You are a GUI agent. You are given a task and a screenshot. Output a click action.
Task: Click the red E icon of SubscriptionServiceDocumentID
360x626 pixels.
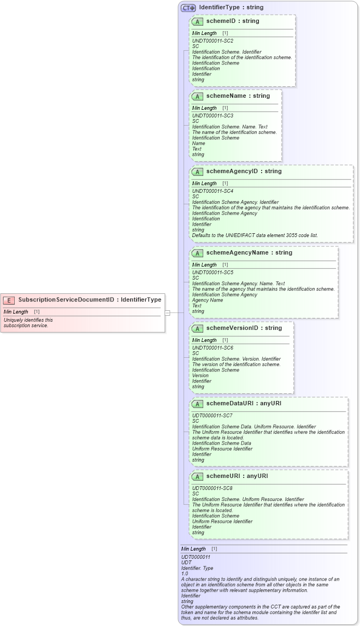(x=9, y=300)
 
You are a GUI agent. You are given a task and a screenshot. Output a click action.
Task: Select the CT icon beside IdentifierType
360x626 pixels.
(x=188, y=8)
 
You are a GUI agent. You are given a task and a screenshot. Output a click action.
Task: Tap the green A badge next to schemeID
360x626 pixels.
(x=197, y=21)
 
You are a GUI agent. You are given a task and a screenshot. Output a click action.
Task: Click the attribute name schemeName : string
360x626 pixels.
(x=238, y=96)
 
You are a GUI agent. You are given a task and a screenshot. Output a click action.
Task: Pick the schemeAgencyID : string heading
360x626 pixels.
(x=244, y=171)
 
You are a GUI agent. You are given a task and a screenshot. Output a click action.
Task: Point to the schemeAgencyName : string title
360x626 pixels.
(x=249, y=252)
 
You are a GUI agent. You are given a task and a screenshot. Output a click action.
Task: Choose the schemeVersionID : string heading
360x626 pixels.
(x=244, y=328)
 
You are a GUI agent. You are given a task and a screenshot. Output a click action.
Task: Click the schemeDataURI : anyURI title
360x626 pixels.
(x=244, y=403)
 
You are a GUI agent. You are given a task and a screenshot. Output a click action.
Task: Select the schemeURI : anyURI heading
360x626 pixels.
(x=237, y=476)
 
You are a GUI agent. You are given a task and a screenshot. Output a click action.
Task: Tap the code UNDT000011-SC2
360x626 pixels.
(x=213, y=41)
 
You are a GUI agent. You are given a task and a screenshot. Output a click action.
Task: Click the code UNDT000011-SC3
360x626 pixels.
(x=213, y=116)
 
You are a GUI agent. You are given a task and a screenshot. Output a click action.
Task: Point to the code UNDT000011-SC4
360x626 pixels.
(x=213, y=191)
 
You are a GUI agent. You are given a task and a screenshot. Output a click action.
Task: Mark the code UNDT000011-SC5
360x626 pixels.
(x=213, y=272)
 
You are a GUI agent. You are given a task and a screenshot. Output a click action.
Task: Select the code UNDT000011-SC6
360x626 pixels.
(x=213, y=348)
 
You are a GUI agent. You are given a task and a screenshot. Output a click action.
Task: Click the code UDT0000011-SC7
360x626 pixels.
(x=213, y=416)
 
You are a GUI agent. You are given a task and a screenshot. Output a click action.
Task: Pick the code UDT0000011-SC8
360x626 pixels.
(x=213, y=488)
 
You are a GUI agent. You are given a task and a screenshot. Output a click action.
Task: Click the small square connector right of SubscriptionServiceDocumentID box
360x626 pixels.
(x=168, y=313)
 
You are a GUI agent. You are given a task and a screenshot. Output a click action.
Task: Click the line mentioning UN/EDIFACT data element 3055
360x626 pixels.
(x=255, y=235)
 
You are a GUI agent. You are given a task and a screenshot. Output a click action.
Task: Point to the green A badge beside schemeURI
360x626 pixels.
(x=197, y=476)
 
